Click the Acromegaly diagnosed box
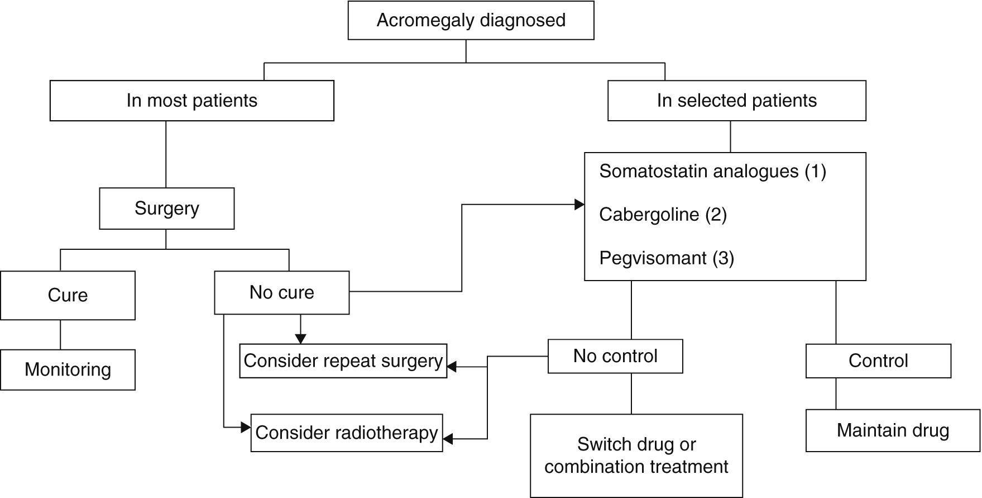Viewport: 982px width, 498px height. pos(471,20)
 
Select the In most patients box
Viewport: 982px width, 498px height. pos(191,101)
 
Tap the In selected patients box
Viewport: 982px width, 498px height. pos(736,101)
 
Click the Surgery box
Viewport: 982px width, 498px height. pos(166,208)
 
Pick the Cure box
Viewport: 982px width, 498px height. pos(68,295)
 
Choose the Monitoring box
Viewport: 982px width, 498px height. pos(68,369)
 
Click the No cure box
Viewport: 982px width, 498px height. pos(281,292)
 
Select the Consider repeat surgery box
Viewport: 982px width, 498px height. pos(343,361)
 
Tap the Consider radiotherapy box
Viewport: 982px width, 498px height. pos(346,433)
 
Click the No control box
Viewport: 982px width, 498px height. pos(615,356)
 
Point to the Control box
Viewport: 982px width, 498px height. pos(878,361)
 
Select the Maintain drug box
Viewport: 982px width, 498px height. pos(892,430)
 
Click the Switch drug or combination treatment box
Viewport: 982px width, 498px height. pos(636,456)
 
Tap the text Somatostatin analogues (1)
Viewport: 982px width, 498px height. pos(712,171)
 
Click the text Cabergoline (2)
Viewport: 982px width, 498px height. pos(663,215)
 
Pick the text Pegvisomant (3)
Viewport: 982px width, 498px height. pos(666,258)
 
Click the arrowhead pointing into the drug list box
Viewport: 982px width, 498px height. pos(579,205)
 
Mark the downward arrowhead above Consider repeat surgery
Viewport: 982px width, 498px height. pos(300,339)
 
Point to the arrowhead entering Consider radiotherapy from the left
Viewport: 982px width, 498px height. pos(246,428)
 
